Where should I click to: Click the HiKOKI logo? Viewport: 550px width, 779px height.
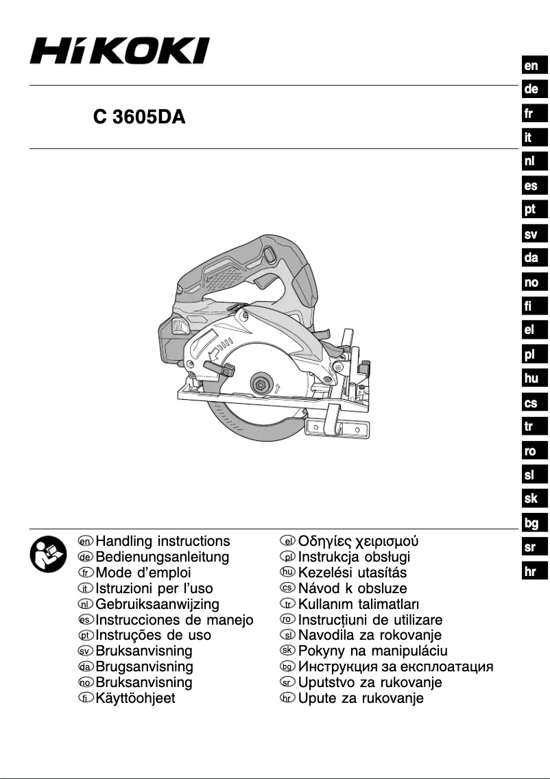coord(119,51)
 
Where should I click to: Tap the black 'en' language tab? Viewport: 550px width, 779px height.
coord(531,66)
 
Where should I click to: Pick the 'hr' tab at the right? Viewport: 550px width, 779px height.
coord(531,571)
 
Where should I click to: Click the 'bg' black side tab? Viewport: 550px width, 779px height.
coord(531,523)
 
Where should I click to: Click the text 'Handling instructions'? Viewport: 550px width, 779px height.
coord(163,541)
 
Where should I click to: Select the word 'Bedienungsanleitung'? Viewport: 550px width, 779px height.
coord(163,557)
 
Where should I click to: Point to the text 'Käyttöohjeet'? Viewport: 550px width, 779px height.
coord(136,699)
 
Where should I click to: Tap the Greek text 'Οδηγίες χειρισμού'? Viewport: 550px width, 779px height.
coord(357,541)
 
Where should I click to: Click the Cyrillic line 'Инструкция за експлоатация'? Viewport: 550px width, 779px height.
coord(396,667)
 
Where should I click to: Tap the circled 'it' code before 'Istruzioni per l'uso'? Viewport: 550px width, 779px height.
coord(85,588)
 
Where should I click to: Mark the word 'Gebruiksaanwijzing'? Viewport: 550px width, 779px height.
coord(158,604)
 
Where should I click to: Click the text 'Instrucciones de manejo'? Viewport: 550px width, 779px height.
coord(175,620)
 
